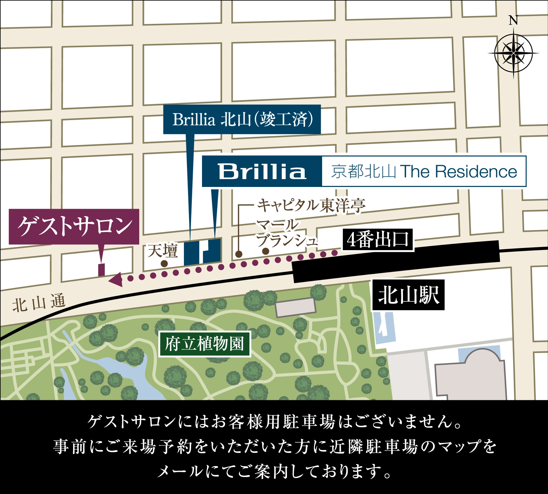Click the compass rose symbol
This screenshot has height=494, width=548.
coord(513,53)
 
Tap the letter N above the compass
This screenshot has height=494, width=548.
coord(513,21)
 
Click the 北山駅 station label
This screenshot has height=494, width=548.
coord(408,295)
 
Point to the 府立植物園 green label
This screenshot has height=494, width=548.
coord(205,344)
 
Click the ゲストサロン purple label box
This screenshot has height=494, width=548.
coord(74,226)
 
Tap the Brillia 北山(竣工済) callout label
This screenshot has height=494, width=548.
coord(242,119)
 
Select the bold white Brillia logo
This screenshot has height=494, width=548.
coord(262,171)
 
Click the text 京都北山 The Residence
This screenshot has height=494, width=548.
coord(424,171)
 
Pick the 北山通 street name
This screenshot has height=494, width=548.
coord(39,303)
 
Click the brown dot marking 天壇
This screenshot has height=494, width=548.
coord(164,263)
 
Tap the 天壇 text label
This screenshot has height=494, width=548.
coord(163,251)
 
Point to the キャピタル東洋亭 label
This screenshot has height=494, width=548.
coord(311,205)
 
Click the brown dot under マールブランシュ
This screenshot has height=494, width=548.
coord(265,251)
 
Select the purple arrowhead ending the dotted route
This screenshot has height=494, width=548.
coord(116,280)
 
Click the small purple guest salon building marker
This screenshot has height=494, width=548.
coord(101,270)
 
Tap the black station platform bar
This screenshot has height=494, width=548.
coord(396,261)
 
